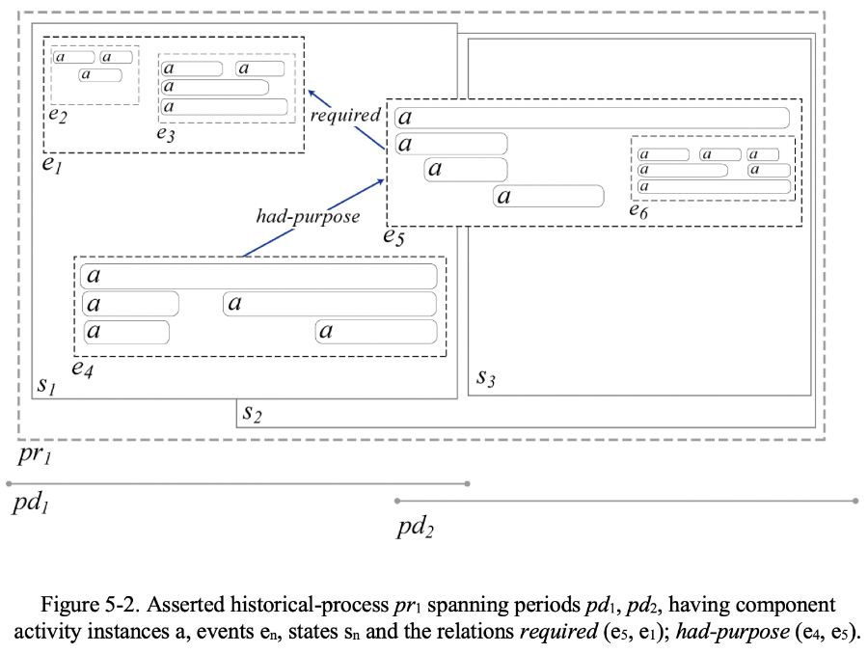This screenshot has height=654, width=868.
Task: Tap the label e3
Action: coord(166,133)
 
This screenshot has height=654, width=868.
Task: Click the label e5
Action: coord(393,237)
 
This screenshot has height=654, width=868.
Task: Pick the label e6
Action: coord(638,210)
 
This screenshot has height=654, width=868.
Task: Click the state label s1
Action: coord(45,386)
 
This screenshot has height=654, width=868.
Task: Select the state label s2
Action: coord(253,415)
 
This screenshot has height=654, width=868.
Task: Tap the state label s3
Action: coord(486,379)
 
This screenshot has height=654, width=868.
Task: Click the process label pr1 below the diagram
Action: coord(33,453)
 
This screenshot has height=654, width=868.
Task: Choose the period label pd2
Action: coord(416,527)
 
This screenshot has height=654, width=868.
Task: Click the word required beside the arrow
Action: coord(345,116)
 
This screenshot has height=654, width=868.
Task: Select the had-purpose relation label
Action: coord(308,216)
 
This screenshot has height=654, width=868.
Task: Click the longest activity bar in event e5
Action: coord(592,118)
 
